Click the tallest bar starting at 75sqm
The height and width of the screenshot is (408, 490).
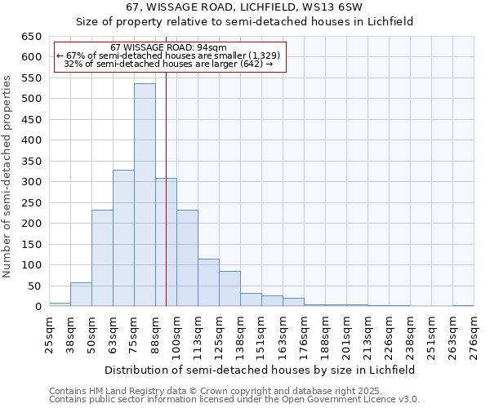145,196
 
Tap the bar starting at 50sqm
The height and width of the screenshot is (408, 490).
102,258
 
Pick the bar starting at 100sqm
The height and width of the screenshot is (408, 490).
187,258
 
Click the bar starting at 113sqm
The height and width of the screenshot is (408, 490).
208,282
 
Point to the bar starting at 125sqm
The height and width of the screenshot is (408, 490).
229,289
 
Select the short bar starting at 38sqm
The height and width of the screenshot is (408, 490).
81,295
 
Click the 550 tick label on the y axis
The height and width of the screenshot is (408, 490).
31,78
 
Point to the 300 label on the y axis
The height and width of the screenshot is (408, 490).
31,182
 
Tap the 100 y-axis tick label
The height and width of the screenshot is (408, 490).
31,265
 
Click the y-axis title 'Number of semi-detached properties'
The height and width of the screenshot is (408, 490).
7,176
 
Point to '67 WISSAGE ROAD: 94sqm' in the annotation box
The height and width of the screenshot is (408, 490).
169,48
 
